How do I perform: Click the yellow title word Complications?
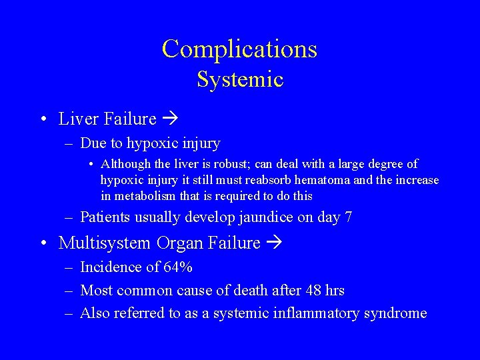tap(239, 49)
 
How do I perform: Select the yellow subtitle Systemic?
tap(240, 80)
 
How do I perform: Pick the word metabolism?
tap(146, 196)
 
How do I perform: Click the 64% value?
tap(178, 268)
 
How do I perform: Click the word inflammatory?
tap(314, 313)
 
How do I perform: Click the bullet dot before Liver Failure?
tap(43, 119)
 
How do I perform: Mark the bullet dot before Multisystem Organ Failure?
tap(43, 243)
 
